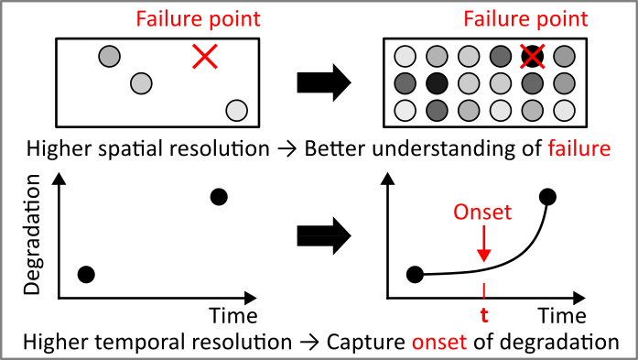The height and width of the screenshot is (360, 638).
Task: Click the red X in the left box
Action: coord(206,57)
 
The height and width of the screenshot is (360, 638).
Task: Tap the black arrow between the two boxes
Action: coord(324,85)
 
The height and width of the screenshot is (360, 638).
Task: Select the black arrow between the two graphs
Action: coord(324,236)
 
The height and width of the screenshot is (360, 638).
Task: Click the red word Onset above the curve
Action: coord(483,213)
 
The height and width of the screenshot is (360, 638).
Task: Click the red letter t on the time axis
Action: coord(484,320)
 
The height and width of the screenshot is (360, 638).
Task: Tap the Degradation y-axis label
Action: coord(34,238)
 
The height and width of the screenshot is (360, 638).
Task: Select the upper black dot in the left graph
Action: coord(219,196)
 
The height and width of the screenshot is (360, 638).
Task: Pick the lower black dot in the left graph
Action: coord(86,273)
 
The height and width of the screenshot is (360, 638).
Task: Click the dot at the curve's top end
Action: coord(547,196)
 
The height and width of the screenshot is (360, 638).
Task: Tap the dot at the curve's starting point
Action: coord(415,273)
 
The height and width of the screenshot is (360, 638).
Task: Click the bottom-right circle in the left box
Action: coord(236,111)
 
